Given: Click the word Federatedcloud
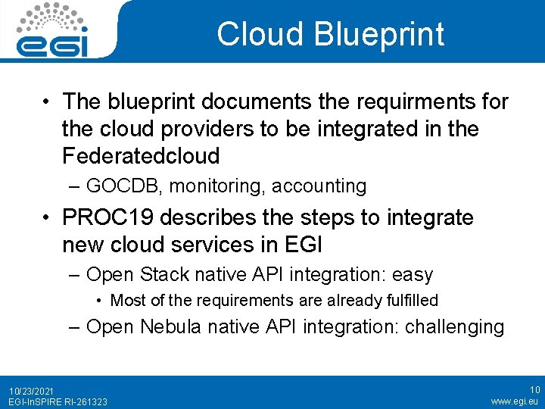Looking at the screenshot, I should coord(141,156).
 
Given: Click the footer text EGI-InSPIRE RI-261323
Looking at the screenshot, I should coord(58,401).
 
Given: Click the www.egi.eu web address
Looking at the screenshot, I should coord(514,401).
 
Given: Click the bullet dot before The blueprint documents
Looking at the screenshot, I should coord(47,102).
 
